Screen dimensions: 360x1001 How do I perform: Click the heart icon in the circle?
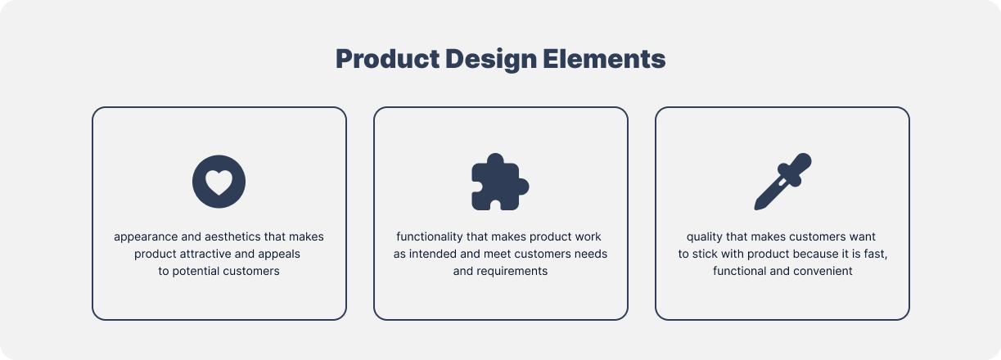point(219,181)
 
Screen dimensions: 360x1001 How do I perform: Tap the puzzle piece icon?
point(499,181)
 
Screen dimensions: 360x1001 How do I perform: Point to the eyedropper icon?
point(782,181)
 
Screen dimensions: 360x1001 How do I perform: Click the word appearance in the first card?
point(146,236)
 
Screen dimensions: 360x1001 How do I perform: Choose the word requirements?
point(513,271)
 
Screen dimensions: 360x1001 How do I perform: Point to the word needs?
point(591,254)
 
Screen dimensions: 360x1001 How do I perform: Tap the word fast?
point(876,254)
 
